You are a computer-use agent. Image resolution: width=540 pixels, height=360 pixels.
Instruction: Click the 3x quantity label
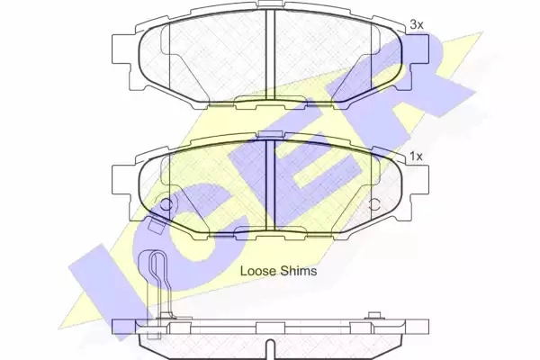pos(417,25)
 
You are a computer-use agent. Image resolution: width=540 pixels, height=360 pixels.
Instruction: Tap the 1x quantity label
pos(416,157)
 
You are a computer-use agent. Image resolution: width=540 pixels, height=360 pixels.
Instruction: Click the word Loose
pos(258,271)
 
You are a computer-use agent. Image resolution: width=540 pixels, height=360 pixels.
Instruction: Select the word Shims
pos(298,271)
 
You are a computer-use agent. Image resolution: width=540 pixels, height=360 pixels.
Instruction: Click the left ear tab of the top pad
pos(121,49)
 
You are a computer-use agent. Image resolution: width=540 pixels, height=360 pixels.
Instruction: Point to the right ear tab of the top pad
pos(419,49)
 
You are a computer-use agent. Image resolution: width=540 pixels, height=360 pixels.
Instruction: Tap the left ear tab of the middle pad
pos(121,181)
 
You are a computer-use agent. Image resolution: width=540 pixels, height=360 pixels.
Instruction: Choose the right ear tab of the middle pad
pos(419,181)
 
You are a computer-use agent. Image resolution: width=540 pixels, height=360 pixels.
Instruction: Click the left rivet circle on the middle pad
pos(166,204)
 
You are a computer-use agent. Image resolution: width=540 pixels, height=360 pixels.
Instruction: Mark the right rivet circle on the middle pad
pos(374,204)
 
